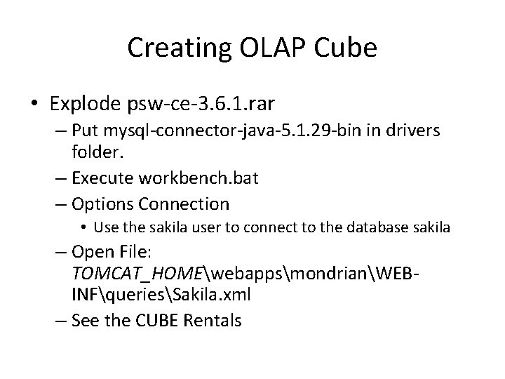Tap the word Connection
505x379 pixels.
(x=184, y=204)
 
